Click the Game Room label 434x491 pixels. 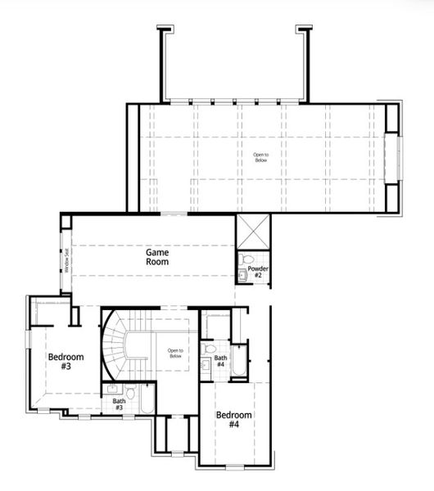pos(157,258)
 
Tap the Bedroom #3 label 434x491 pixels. pos(61,362)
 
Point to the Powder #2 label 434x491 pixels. pos(257,272)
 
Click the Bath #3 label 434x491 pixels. pos(120,403)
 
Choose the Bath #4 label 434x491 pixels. pos(221,361)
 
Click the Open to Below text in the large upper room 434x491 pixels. pos(260,156)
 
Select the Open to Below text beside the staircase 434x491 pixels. pos(175,354)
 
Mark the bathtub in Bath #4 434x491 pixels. pos(237,361)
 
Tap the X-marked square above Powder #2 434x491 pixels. pos(252,231)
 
